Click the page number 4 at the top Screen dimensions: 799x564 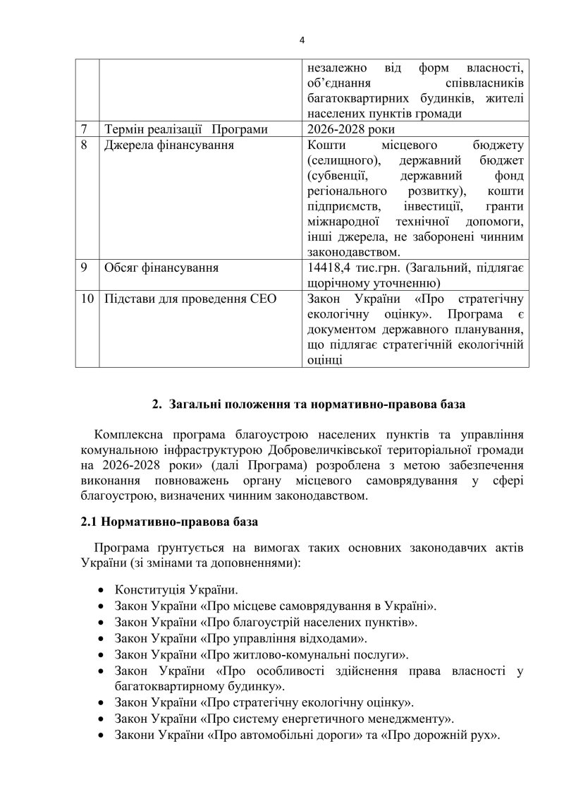point(302,40)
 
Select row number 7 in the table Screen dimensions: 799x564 point(84,129)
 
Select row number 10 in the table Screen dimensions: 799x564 point(87,298)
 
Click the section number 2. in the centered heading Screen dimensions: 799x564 point(158,406)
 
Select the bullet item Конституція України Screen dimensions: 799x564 point(176,589)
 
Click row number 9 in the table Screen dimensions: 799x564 point(84,268)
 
